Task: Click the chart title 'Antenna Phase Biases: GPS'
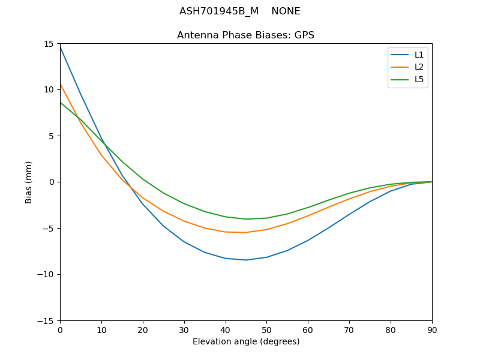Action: click(x=245, y=35)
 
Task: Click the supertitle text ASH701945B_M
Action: click(x=211, y=11)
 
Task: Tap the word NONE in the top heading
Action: click(x=286, y=11)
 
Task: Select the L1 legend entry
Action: click(x=419, y=55)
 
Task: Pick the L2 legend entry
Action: click(x=419, y=67)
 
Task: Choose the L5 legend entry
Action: click(x=419, y=79)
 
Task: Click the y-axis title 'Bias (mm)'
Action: click(x=29, y=182)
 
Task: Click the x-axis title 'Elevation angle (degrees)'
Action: click(x=245, y=342)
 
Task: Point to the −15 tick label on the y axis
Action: click(x=47, y=320)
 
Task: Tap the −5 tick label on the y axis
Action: click(x=49, y=228)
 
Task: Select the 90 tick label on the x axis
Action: click(x=431, y=330)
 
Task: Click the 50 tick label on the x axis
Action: click(x=266, y=330)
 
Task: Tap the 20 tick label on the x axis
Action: click(x=143, y=330)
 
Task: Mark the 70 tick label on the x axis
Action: click(x=349, y=330)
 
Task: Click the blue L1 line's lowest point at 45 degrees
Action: click(x=246, y=260)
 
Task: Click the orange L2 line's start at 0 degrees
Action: click(x=61, y=84)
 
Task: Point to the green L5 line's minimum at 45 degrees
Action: click(x=246, y=219)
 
